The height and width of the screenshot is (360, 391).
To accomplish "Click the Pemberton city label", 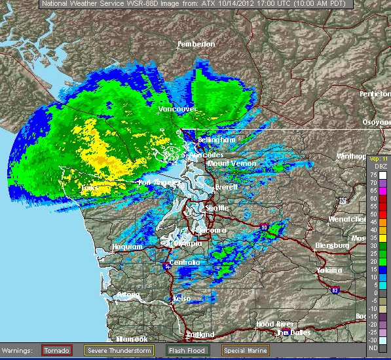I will [x=196, y=44].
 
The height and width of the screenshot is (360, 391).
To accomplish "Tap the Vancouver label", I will [x=177, y=109].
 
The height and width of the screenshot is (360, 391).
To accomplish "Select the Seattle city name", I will [x=217, y=208].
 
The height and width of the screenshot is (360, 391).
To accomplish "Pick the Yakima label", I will [x=329, y=270].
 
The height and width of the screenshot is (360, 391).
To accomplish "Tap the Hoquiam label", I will [x=128, y=247].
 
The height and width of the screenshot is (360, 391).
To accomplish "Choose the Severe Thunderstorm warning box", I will [x=119, y=351].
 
